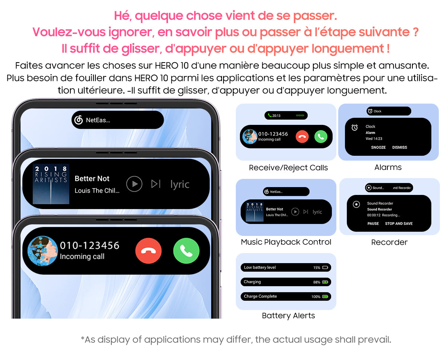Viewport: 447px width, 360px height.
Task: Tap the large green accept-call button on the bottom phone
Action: click(x=186, y=251)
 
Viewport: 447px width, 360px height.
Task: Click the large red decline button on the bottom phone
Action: click(x=148, y=251)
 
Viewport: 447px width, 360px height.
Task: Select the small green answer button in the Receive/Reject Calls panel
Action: click(x=320, y=137)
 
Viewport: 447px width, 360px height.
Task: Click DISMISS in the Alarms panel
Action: click(x=399, y=148)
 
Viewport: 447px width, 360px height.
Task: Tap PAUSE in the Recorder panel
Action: click(x=373, y=224)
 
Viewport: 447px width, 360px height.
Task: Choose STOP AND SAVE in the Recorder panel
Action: click(x=399, y=224)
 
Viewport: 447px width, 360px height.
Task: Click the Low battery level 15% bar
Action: click(x=286, y=268)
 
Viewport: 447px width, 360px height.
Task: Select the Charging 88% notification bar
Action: click(x=286, y=282)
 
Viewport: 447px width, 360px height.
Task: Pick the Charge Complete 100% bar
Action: click(x=286, y=297)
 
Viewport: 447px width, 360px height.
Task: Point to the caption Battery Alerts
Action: click(x=288, y=316)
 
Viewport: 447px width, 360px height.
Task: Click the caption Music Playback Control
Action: click(x=286, y=242)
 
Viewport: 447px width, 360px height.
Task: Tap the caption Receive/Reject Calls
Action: click(x=288, y=168)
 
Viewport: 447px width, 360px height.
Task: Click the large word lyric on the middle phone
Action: click(x=180, y=184)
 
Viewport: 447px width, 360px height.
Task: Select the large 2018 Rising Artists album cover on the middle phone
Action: click(x=51, y=184)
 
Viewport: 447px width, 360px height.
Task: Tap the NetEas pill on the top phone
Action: click(x=117, y=120)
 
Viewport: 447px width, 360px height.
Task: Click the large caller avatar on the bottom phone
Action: click(x=43, y=251)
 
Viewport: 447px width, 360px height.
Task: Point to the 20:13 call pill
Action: click(x=286, y=116)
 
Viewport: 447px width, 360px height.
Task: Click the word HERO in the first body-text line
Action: click(x=164, y=66)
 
